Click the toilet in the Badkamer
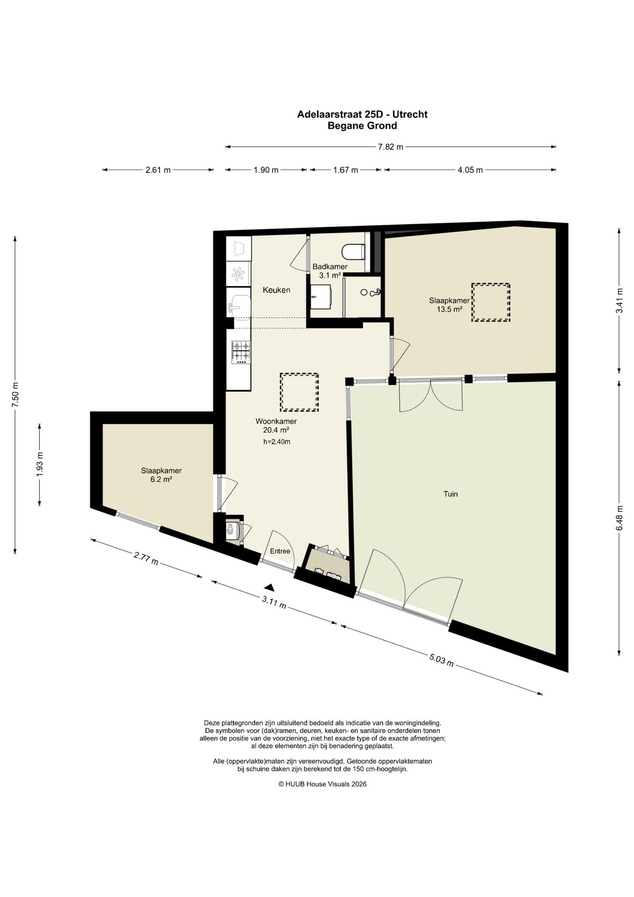point(353,252)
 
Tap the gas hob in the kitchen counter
point(241,352)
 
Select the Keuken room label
point(276,290)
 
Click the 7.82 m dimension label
point(390,147)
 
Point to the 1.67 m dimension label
point(345,170)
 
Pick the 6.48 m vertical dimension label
point(620,518)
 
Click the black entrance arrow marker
point(269,587)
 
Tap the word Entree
point(280,551)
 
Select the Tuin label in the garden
point(451,494)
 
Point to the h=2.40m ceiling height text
point(277,442)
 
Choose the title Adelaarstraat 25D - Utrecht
point(362,114)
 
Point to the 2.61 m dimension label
point(158,170)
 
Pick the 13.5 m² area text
point(449,309)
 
